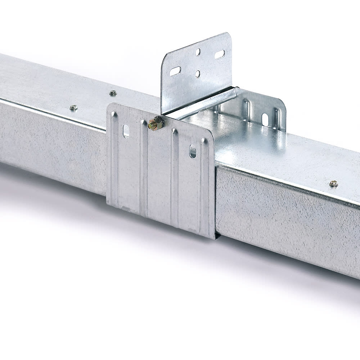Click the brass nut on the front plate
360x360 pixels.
(156, 123)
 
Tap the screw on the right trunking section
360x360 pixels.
(333, 184)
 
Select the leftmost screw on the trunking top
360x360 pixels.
(73, 108)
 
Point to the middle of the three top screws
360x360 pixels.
(113, 93)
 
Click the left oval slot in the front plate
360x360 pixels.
(126, 131)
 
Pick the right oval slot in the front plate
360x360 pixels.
(193, 151)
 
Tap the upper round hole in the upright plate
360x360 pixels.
(198, 52)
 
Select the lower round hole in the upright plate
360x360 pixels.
(198, 74)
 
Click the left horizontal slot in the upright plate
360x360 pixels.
(175, 71)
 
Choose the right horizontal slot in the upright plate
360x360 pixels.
(220, 55)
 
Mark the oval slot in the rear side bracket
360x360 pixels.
(265, 120)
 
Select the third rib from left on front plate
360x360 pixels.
(174, 176)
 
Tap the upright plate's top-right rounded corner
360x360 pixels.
(228, 36)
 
